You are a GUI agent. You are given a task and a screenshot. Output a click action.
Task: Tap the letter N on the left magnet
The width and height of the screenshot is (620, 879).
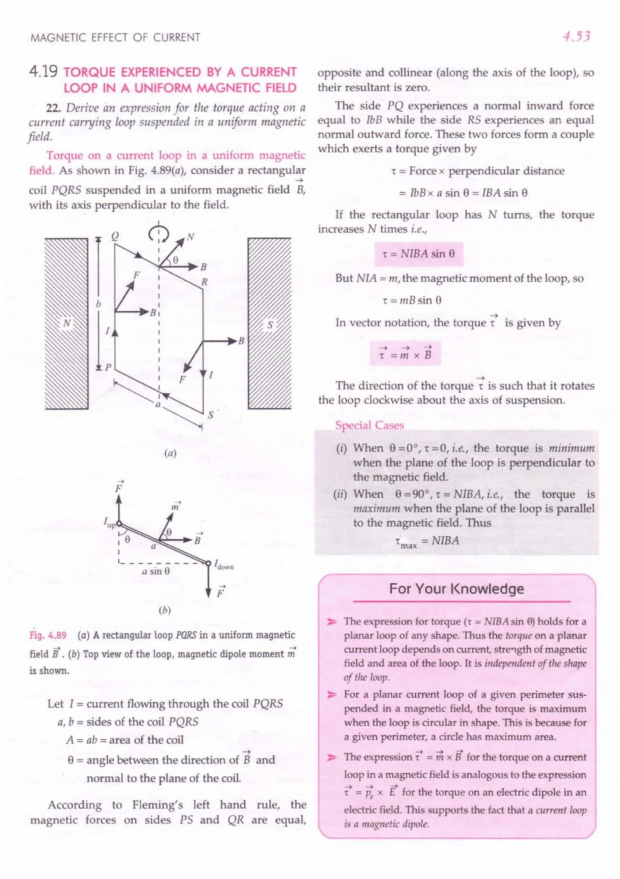click(67, 323)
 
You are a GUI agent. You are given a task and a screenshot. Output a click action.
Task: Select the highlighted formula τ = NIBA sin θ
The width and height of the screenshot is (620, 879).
click(418, 254)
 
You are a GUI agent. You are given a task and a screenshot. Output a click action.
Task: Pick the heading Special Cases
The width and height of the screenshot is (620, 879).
click(369, 425)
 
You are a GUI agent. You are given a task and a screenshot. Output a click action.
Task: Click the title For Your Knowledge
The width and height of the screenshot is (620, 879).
click(456, 588)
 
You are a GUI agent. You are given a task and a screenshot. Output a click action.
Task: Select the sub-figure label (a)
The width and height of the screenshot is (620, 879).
click(170, 454)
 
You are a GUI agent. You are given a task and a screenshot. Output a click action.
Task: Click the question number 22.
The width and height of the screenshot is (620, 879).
click(54, 108)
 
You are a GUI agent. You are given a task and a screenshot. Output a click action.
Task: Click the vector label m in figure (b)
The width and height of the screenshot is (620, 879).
click(176, 506)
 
